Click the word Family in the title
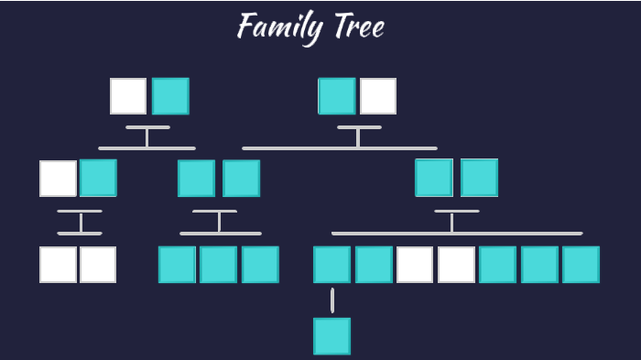(x=277, y=26)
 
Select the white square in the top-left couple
(x=128, y=96)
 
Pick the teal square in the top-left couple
(x=170, y=96)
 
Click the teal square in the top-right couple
(x=336, y=96)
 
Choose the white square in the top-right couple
(x=378, y=96)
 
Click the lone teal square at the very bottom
(x=331, y=336)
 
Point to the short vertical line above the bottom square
(x=331, y=300)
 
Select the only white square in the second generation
(x=58, y=179)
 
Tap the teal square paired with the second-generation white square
(x=98, y=179)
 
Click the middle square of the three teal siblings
(x=219, y=265)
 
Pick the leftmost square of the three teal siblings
(x=177, y=265)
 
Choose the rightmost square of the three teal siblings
(x=260, y=265)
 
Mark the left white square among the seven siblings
(x=415, y=265)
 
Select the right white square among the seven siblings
(x=456, y=265)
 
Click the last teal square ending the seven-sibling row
(x=581, y=265)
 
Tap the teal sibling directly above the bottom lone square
(x=331, y=265)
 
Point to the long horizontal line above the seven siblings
(x=457, y=234)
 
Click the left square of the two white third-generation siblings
(x=58, y=265)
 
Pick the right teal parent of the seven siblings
(x=479, y=178)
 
